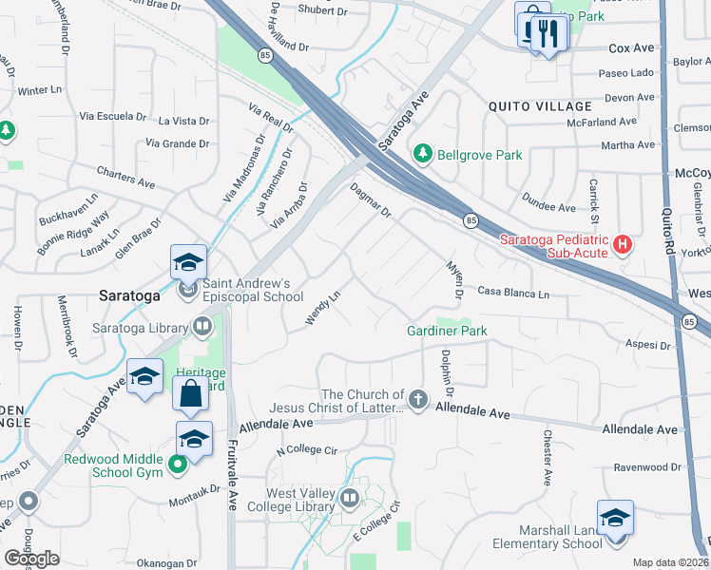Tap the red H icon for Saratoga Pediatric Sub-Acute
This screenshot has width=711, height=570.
tap(623, 245)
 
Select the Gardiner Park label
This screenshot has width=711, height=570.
tap(447, 331)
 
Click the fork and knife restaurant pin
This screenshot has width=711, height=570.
tap(548, 34)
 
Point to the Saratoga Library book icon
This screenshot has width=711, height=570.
tap(202, 328)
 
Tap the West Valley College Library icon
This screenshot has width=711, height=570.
tap(351, 499)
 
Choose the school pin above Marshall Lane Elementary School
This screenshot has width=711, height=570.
tap(615, 519)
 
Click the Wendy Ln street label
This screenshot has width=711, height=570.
tap(323, 310)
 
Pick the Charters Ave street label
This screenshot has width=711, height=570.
tap(125, 176)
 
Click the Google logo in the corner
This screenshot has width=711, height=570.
tap(31, 558)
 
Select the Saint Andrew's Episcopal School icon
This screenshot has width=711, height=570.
tap(188, 289)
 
